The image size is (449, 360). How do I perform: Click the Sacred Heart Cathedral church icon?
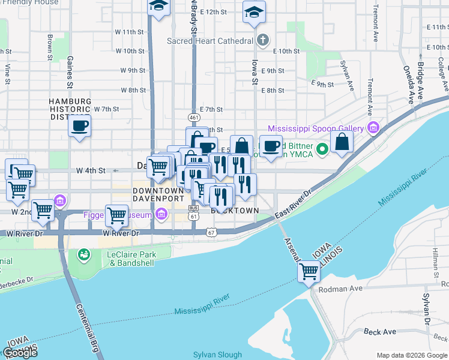point(262,41)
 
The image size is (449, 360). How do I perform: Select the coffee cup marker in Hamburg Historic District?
point(79,126)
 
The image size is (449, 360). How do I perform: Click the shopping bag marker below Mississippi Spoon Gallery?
point(342,142)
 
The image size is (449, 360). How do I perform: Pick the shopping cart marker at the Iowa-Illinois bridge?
point(309,271)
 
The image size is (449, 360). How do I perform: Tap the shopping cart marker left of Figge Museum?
point(116,214)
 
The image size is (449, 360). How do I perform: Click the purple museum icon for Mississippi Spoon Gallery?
point(372,128)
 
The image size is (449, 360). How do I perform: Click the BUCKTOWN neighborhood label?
point(235,211)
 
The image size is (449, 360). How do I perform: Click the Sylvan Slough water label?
point(217,355)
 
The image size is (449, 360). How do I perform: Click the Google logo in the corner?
point(20,352)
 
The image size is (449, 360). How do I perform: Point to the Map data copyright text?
point(412,355)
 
